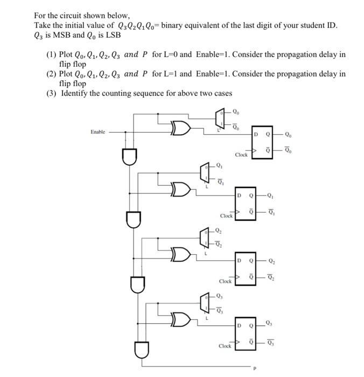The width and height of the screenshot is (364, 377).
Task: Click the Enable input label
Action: tap(98, 131)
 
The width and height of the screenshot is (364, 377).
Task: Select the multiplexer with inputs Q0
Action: tap(220, 120)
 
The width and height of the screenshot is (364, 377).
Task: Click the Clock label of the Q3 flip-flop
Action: tap(225, 346)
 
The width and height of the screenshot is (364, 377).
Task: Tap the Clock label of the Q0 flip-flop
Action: tap(241, 155)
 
